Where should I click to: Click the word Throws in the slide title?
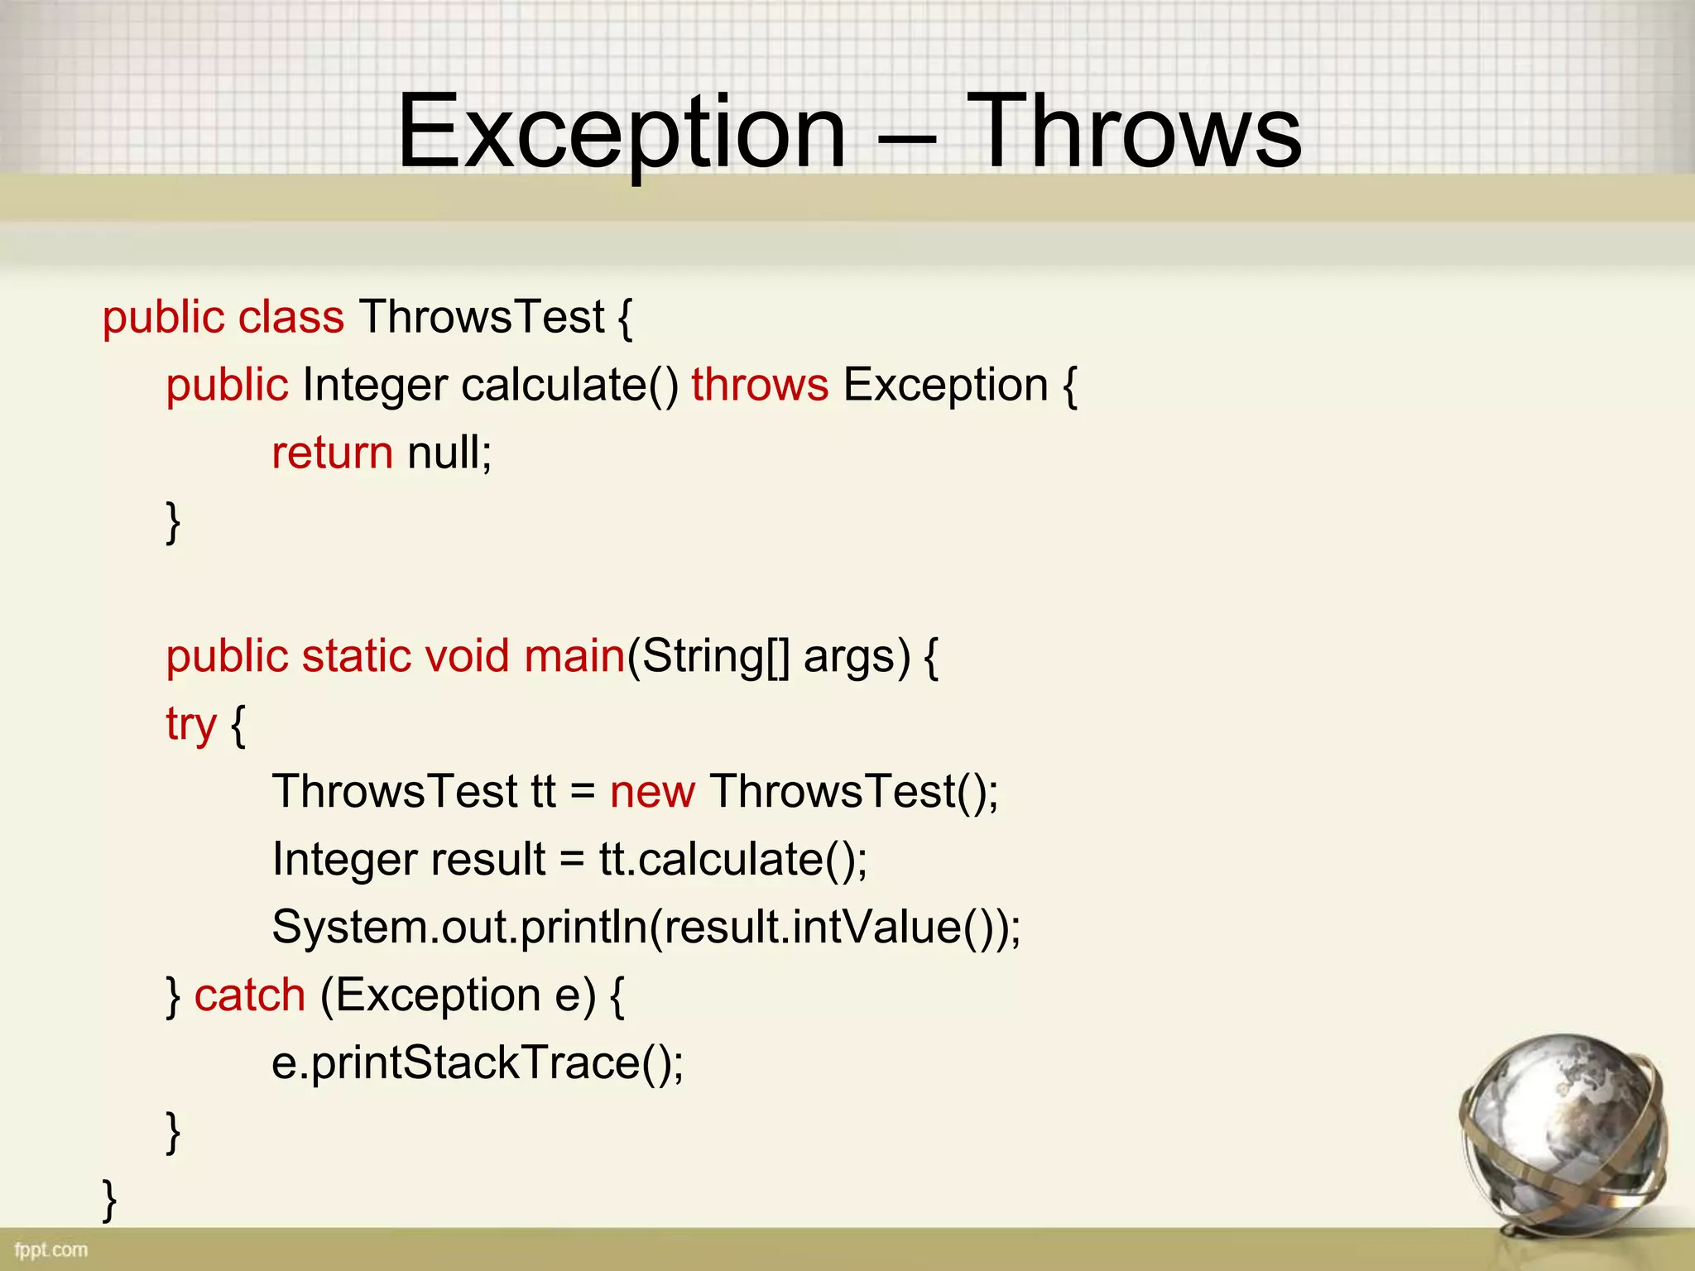pos(1134,132)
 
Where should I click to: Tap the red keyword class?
pos(291,318)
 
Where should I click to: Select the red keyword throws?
pos(760,386)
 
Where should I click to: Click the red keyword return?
pos(332,453)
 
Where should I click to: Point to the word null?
pos(449,453)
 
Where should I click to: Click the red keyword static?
pos(356,656)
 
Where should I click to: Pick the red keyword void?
pos(467,656)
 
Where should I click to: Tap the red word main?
pos(574,656)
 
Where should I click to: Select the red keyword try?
pos(190,726)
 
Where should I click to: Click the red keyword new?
pos(652,792)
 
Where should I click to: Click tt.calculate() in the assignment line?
pos(732,860)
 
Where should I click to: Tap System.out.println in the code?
pos(460,928)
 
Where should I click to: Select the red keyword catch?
pos(250,995)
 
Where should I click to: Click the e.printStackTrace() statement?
pos(478,1063)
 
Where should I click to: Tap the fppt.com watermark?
pos(50,1249)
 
